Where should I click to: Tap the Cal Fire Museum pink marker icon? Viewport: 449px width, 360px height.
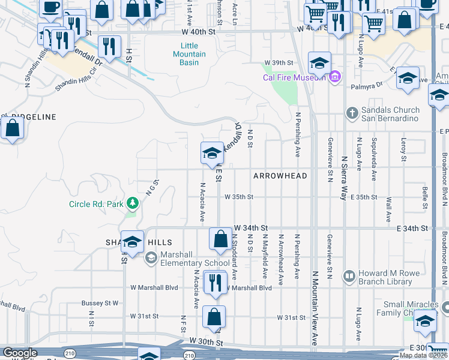point(335,77)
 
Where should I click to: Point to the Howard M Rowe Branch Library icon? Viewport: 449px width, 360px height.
point(349,276)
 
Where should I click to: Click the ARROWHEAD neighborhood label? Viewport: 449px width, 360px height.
point(280,176)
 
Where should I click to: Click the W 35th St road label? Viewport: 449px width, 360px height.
point(240,197)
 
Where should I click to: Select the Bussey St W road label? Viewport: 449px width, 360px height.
point(100,303)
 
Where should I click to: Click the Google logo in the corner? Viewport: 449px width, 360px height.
point(20,352)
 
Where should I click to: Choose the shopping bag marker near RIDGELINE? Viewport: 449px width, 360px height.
point(12,128)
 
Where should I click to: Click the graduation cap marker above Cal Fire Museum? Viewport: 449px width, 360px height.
point(320,63)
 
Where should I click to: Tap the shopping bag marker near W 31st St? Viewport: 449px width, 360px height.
point(214,316)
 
